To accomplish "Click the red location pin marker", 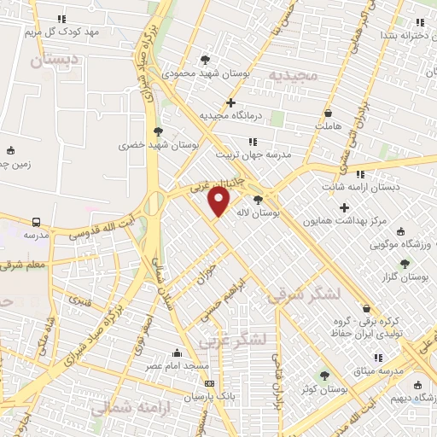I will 219,201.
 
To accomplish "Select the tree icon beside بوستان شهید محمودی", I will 204,59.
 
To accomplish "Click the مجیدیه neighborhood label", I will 293,76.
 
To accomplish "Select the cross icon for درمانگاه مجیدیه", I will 230,102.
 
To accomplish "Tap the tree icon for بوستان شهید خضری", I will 157,131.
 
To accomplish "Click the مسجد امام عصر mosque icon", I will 177,353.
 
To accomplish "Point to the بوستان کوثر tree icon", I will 323,376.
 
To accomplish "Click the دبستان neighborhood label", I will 54,60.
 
